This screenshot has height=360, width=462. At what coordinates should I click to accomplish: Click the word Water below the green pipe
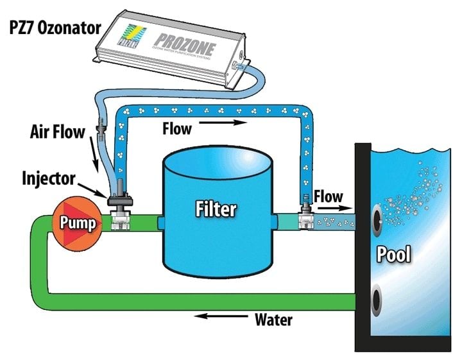click(x=274, y=318)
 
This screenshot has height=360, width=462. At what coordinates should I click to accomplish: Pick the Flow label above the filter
click(x=177, y=129)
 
